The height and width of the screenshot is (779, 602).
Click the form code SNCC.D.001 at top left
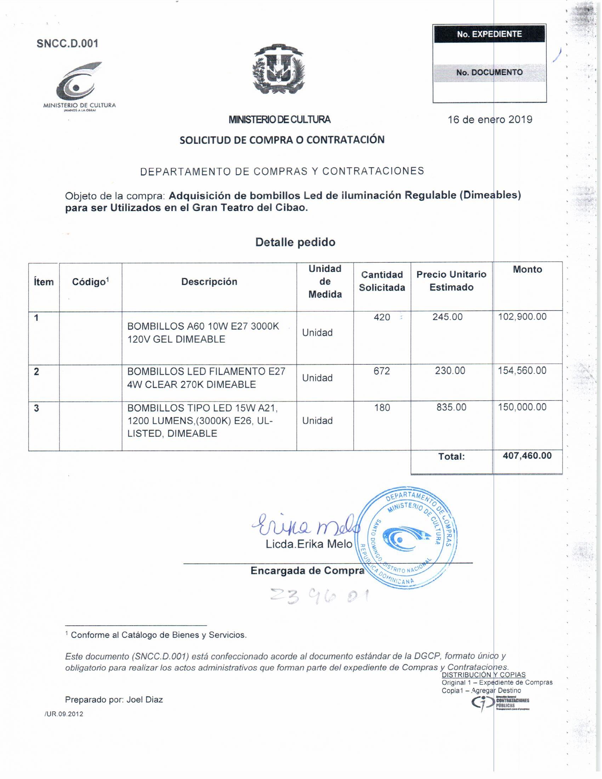[67, 44]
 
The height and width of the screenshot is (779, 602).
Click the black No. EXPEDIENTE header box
[489, 34]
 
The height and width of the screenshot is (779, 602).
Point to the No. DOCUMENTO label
[489, 72]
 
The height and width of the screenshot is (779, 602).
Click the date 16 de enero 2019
[490, 119]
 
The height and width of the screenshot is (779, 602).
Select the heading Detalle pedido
[295, 242]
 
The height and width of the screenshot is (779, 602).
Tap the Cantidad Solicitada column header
[382, 281]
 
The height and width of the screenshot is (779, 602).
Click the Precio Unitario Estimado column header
[451, 281]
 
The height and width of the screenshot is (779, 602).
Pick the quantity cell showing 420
[382, 317]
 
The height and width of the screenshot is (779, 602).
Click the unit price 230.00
[450, 371]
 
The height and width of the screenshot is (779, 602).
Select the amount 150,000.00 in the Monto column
[522, 407]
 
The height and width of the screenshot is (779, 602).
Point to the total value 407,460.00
[527, 456]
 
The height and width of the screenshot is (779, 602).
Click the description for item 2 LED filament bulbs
[206, 378]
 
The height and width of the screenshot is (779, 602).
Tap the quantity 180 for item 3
[382, 408]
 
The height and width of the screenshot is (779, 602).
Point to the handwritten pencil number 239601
[319, 596]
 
